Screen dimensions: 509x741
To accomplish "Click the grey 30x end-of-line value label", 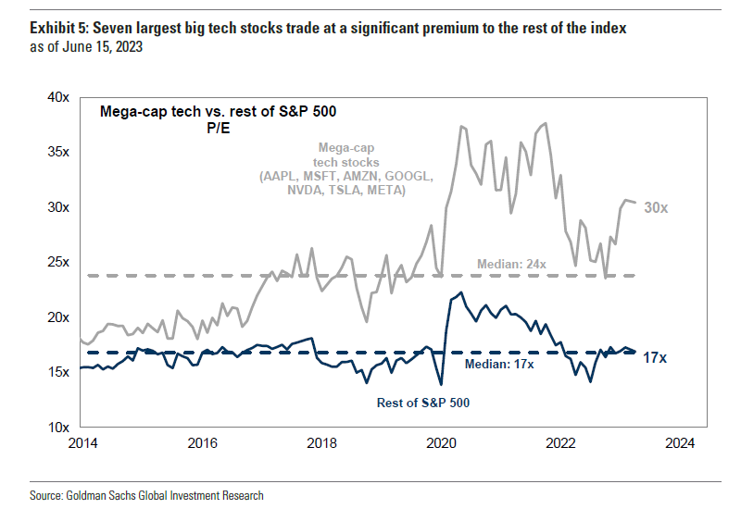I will pos(656,208).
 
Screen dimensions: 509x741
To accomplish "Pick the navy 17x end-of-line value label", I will pos(655,357).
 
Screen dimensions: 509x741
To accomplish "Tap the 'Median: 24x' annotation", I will pos(511,265).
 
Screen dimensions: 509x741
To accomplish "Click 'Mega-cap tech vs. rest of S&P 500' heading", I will pos(217,112).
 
